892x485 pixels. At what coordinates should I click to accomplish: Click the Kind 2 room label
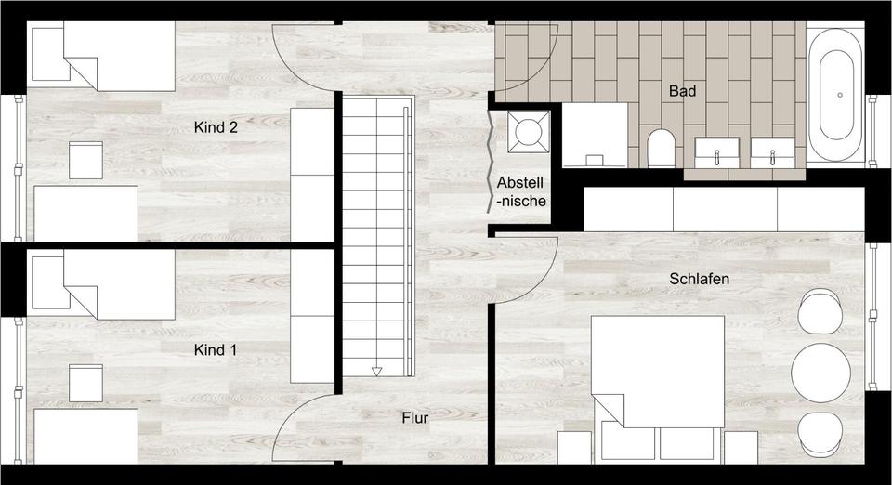pos(216,127)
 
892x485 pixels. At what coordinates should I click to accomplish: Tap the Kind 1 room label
pos(216,350)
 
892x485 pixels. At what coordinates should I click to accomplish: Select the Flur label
pos(415,419)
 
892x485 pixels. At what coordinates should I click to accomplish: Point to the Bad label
pos(682,92)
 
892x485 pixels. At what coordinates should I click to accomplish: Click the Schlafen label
pos(699,279)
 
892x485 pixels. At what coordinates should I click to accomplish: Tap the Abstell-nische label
pos(521,190)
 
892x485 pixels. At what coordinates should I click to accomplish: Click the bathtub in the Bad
pos(835,96)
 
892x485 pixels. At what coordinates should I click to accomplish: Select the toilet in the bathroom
pos(661,148)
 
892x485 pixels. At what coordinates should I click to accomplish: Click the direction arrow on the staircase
pos(376,372)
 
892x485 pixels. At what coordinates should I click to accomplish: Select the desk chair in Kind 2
pos(85,158)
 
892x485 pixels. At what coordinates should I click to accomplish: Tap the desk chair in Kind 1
pos(85,381)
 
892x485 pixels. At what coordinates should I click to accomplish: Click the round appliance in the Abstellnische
pos(529,131)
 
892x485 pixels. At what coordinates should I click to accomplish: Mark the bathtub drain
pos(840,95)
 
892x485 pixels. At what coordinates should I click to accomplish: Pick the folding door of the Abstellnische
pos(492,163)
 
